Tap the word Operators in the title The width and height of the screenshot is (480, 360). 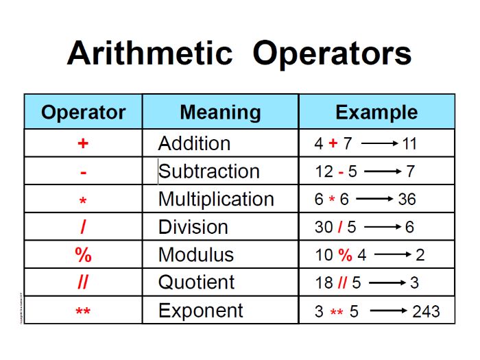coord(332,53)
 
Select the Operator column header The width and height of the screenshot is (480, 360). coord(83,112)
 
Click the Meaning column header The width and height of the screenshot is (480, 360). coord(220,112)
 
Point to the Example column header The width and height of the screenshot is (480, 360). coord(376,112)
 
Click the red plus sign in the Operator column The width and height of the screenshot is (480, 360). coord(83,144)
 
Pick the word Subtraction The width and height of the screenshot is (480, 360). coord(209,171)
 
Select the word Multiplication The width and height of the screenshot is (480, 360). coord(216,199)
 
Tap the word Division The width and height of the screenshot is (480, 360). coord(193,227)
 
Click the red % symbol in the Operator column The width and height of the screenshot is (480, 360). coord(83,255)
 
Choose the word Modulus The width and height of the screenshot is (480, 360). coord(195,255)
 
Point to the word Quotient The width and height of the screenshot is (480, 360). coord(196,283)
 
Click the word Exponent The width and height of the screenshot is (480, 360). coord(200,311)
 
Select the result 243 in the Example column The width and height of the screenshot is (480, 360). coord(425,312)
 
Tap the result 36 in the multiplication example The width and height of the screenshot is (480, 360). coord(407,200)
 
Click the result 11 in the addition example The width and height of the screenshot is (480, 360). coord(409,144)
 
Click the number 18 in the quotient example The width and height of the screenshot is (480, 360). coord(324,283)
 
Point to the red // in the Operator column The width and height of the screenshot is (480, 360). coord(83,283)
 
